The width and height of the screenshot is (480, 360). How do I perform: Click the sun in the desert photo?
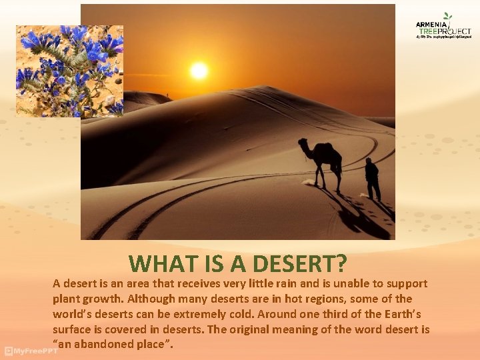click(x=198, y=70)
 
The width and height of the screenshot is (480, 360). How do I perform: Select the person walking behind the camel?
click(x=372, y=179)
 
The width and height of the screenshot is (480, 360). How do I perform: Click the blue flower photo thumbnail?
click(x=70, y=71)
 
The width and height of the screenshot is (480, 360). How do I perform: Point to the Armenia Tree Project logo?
click(x=443, y=27)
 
